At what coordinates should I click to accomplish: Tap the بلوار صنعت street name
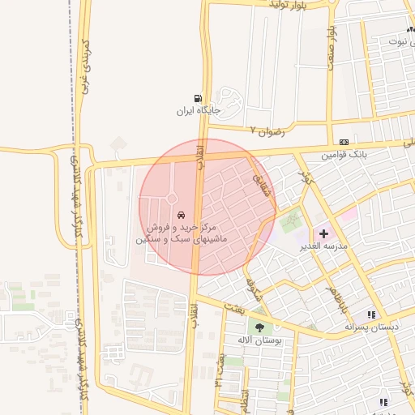pos(331,48)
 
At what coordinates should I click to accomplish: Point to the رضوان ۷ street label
pos(267,130)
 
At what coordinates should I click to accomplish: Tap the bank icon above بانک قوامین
pos(344,141)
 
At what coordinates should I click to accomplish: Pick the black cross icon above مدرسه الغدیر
pos(324,233)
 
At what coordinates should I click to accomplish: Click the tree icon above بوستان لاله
pos(259,327)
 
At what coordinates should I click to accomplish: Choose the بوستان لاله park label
pos(259,340)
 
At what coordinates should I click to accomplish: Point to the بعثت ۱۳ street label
pos(220,369)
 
